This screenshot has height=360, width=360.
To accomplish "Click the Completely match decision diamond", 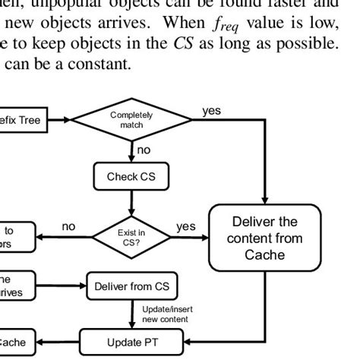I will [131, 119].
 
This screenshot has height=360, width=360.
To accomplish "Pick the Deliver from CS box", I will [131, 289].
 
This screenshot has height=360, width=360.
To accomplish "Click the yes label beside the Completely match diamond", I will [212, 112].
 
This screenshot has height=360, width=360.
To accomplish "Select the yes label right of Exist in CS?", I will [185, 227].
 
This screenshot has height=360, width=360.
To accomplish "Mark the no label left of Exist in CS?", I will [69, 227].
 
